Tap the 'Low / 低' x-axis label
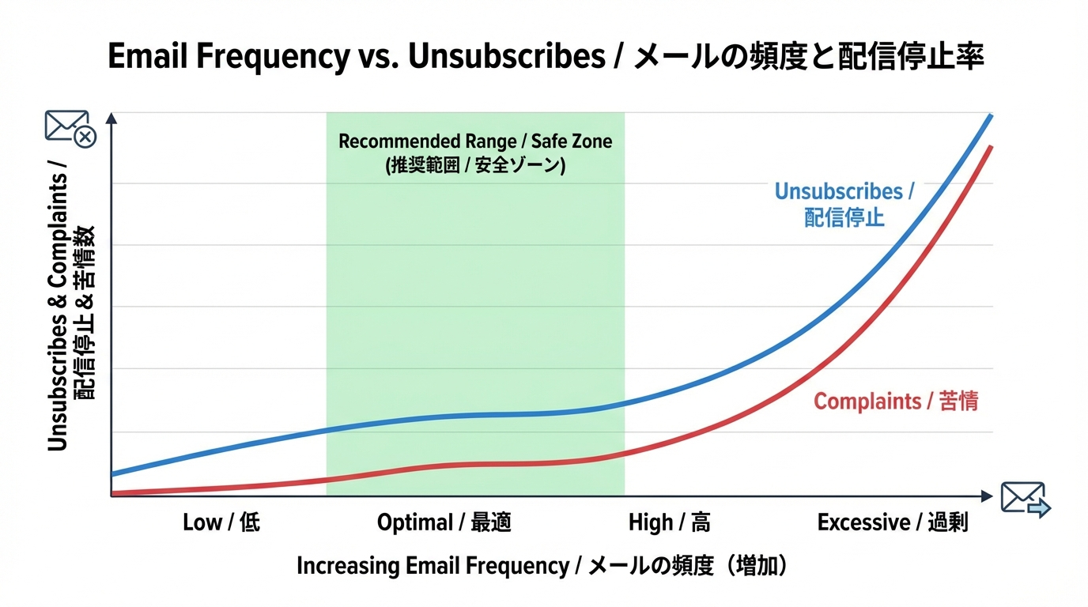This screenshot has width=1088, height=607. click(x=221, y=522)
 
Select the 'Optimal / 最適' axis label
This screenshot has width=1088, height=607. click(x=444, y=522)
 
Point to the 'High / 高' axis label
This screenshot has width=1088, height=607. click(x=669, y=522)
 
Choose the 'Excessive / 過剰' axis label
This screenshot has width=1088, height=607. click(x=892, y=522)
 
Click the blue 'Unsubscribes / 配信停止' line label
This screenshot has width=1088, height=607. click(x=844, y=204)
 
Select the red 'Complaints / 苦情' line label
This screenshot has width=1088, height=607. click(x=896, y=402)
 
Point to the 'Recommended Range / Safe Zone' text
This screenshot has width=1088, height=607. click(x=475, y=142)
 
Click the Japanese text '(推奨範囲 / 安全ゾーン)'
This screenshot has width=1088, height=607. click(x=475, y=167)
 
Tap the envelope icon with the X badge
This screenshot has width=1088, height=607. click(x=70, y=129)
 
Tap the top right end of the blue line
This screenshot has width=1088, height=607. click(x=991, y=116)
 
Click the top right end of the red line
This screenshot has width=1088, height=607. click(x=991, y=148)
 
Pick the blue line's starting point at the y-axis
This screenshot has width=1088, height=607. click(x=113, y=474)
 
